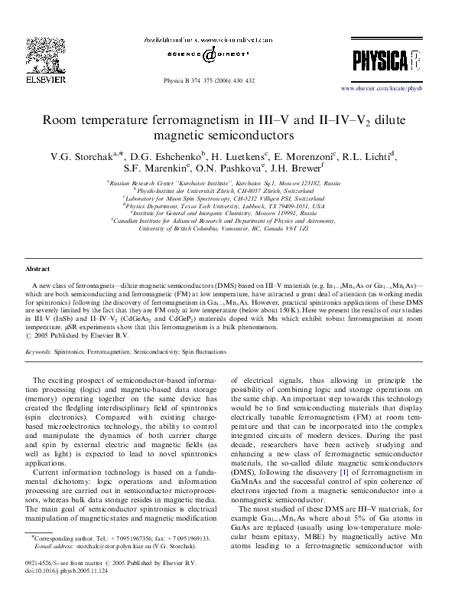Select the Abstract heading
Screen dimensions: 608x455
click(x=37, y=270)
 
